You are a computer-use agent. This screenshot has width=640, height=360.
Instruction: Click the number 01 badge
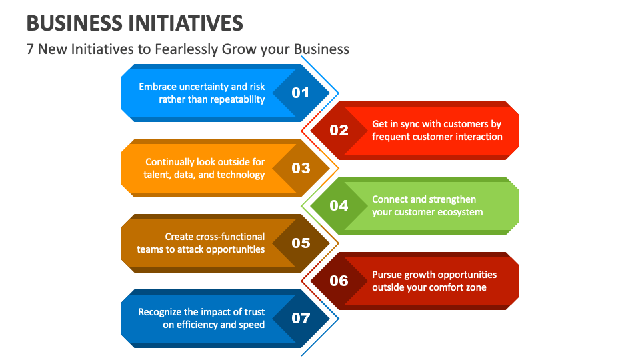301,93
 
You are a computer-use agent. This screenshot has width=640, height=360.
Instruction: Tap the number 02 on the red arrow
339,130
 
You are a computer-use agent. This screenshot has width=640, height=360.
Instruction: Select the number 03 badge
301,168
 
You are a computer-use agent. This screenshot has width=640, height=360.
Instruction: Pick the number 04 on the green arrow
339,205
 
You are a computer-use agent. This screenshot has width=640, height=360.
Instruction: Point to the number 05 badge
301,243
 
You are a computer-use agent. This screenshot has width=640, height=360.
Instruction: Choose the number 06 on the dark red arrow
339,281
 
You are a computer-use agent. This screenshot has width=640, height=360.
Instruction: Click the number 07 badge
301,318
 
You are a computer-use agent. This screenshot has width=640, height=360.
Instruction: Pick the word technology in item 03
241,175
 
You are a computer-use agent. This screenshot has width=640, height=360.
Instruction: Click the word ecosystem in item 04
459,212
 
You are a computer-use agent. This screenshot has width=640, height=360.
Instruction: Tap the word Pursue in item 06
387,275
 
